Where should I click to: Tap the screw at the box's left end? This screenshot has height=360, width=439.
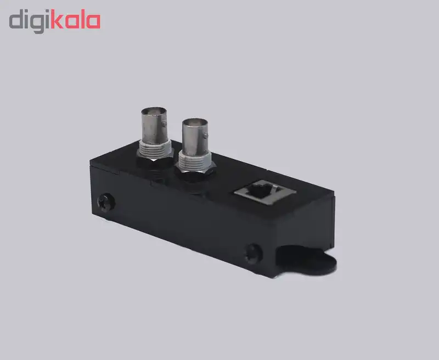click(x=106, y=202)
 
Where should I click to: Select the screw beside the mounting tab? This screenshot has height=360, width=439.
click(x=254, y=254)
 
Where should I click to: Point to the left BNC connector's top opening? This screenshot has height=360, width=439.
click(x=154, y=111)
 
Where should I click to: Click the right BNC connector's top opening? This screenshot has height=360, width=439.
click(x=195, y=122)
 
